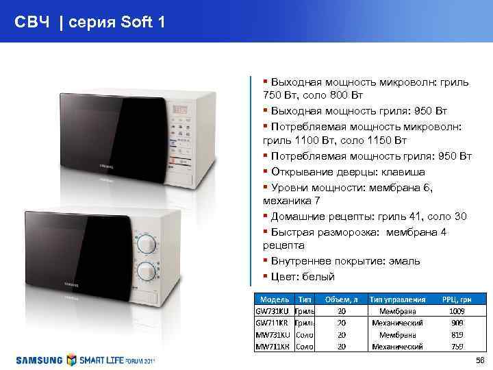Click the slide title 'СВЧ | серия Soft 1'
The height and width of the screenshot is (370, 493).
90,23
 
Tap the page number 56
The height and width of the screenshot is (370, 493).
479,360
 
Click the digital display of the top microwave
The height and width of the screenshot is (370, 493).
181,109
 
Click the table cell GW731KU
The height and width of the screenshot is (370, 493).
273,310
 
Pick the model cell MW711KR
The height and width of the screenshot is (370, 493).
273,347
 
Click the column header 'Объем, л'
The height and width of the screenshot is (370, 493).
341,299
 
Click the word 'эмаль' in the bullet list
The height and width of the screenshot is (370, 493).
405,261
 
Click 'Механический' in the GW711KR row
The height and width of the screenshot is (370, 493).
397,323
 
